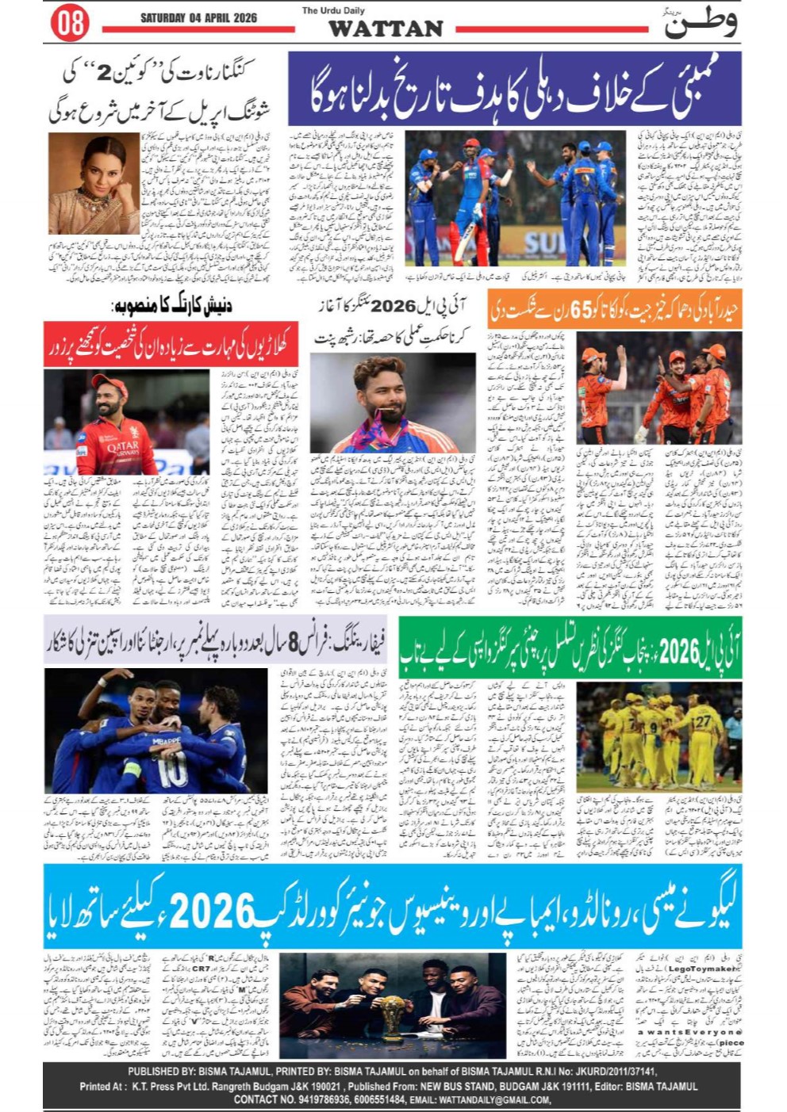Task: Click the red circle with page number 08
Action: point(69,23)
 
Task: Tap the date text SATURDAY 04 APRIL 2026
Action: point(198,17)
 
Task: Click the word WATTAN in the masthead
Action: point(386,29)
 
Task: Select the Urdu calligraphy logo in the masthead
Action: point(701,22)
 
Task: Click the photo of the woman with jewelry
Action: point(94,183)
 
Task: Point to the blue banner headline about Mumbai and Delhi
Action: point(514,89)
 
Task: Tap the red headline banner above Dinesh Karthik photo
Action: point(171,344)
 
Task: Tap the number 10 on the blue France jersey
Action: point(172,768)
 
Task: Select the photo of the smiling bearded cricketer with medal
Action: point(393,403)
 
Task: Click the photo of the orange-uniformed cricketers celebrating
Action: point(658,388)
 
